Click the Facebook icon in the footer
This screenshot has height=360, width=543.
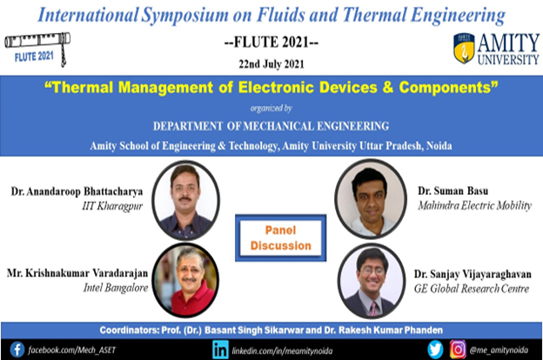tap(17, 350)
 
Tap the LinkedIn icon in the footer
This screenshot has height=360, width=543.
tap(220, 350)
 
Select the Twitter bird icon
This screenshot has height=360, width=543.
tap(435, 350)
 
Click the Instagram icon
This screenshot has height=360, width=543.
tap(458, 350)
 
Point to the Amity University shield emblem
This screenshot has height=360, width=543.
tap(464, 49)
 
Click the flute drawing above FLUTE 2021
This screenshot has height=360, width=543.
tap(37, 42)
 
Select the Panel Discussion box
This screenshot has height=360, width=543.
tap(280, 237)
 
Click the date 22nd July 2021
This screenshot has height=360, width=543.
tap(271, 64)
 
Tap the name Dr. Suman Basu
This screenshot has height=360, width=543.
tap(453, 190)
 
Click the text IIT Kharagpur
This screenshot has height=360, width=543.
tap(112, 206)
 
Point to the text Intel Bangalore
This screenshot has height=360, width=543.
tap(116, 288)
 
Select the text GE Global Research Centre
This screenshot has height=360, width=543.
tap(472, 289)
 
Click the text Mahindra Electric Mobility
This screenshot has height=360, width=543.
tap(475, 205)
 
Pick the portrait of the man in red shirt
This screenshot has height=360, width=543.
tap(185, 280)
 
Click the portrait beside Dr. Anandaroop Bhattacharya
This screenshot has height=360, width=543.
tap(185, 200)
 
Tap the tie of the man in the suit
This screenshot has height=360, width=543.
tap(373, 308)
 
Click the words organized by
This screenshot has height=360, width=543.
tap(271, 109)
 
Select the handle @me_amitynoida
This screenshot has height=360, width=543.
tap(499, 350)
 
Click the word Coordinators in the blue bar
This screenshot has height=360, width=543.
tap(128, 330)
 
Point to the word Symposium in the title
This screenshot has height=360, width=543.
tap(185, 16)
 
